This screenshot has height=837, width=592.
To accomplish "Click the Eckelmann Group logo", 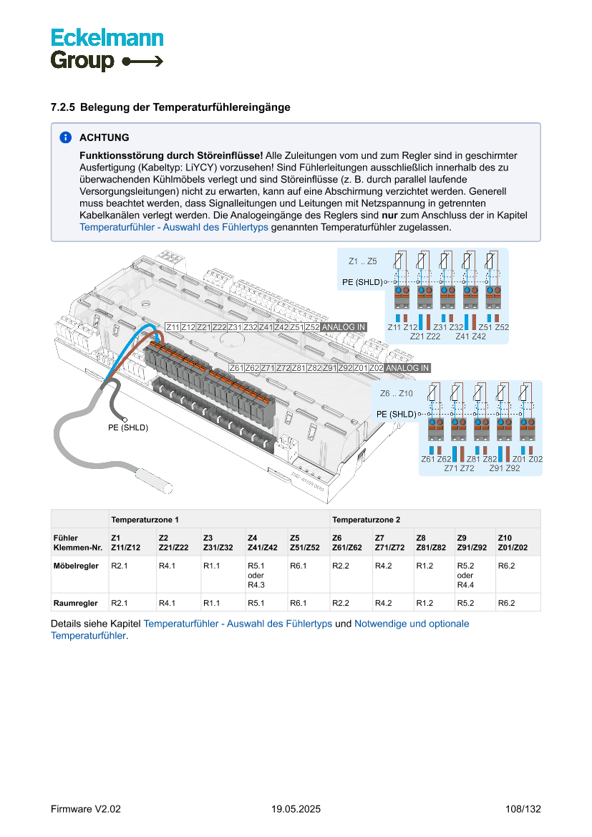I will (107, 49).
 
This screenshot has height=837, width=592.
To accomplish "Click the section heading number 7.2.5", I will (63, 107).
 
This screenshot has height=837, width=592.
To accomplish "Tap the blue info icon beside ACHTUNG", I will (65, 137).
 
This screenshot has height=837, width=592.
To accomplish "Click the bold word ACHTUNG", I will (105, 137).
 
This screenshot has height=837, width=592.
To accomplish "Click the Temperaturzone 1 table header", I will (145, 518).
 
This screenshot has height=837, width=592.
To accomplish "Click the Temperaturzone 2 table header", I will (366, 518).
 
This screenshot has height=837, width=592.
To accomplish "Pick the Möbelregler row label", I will (75, 566).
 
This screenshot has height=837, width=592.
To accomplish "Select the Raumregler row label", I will (74, 603).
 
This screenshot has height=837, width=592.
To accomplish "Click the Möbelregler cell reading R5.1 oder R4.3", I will (256, 575).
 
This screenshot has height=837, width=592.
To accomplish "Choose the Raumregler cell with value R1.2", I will (425, 603).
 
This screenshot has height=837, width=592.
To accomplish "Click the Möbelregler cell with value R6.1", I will (299, 566).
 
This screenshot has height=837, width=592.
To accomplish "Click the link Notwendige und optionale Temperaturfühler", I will (412, 624).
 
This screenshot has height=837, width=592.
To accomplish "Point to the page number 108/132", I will (523, 809).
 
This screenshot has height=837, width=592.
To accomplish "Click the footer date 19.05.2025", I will (296, 809).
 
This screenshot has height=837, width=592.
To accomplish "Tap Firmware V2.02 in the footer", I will (86, 809).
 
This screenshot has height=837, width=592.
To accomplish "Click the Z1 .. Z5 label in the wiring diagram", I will (362, 261).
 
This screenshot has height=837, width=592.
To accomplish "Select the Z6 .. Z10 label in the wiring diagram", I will (397, 394).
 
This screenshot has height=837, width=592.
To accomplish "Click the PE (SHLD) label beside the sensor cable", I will (122, 427).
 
